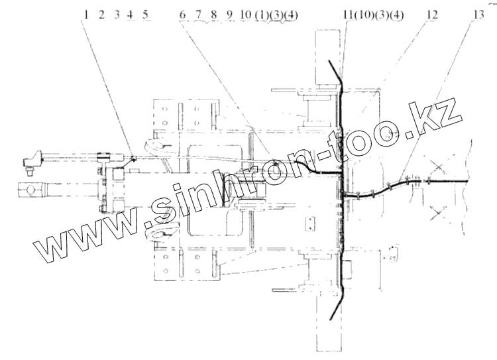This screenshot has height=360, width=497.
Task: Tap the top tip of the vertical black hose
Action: tap(331, 61)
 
